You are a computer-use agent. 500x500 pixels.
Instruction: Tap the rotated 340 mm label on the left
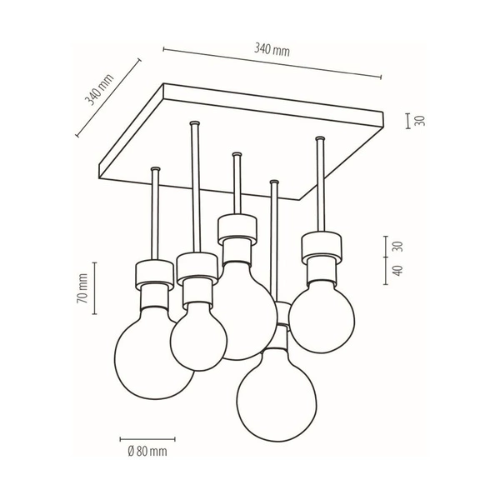(x=99, y=90)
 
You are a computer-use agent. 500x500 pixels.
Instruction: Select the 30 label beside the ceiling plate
(x=421, y=121)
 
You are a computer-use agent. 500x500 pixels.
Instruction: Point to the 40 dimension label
(x=397, y=272)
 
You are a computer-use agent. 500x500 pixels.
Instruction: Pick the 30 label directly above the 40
(x=397, y=247)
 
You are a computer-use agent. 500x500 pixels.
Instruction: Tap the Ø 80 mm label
(x=147, y=452)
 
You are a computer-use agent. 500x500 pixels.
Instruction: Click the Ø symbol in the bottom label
(x=132, y=452)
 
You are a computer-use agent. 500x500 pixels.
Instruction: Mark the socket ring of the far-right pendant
(x=322, y=245)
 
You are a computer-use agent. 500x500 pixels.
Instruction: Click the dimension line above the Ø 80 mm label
(x=147, y=438)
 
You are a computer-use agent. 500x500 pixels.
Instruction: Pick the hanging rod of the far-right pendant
(x=321, y=187)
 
